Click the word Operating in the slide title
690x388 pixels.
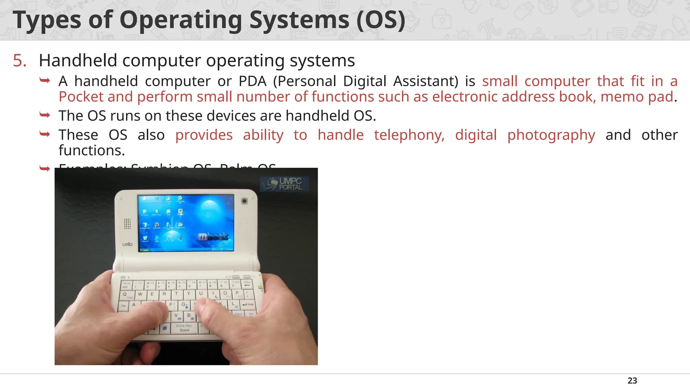[x=181, y=20]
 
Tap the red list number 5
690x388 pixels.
[x=20, y=61]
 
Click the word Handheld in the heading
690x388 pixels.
[x=78, y=61]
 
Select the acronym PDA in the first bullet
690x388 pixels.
[x=252, y=81]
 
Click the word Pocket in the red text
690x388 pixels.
[x=81, y=97]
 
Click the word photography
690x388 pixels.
[x=551, y=135]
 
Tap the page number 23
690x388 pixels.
[x=632, y=381]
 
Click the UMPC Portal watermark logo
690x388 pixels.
[x=285, y=184]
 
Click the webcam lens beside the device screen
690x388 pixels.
[x=244, y=201]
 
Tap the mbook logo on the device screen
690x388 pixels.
[x=213, y=236]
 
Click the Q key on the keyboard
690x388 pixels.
[x=125, y=294]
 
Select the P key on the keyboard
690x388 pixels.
[x=237, y=293]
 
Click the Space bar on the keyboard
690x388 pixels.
[x=184, y=328]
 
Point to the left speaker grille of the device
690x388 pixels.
[x=127, y=223]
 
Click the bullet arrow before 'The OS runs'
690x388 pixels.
[x=45, y=115]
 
